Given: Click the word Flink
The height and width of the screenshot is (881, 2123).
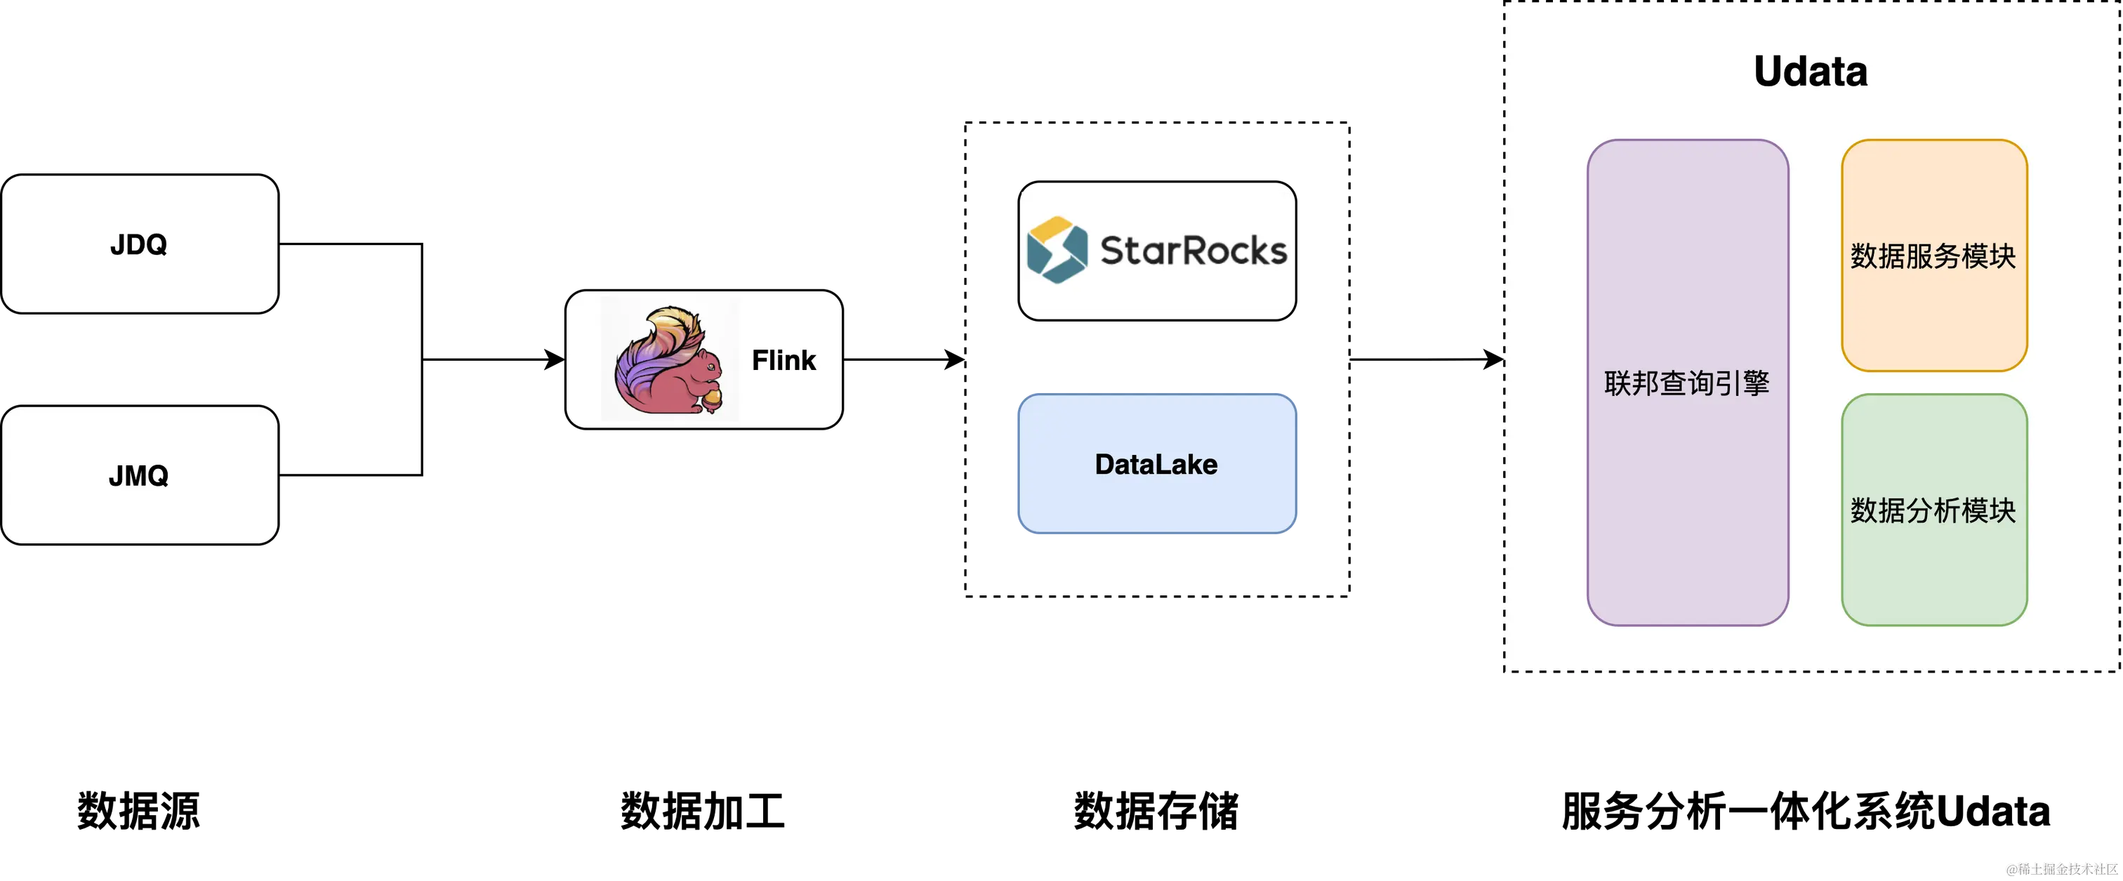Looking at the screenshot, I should [x=783, y=360].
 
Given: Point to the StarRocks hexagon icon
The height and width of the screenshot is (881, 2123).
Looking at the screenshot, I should [x=1057, y=249].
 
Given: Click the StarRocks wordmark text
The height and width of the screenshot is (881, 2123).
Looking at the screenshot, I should [x=1193, y=251].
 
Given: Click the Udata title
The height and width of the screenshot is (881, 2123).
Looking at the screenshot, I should [x=1810, y=72].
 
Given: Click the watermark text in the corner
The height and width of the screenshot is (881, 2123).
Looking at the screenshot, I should [x=2061, y=868].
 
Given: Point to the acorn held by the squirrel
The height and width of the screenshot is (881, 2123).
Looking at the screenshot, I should [x=711, y=399].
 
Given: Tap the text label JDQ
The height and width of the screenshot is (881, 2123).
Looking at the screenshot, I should [x=138, y=245].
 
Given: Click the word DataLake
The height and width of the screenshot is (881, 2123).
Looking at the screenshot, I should [x=1156, y=465].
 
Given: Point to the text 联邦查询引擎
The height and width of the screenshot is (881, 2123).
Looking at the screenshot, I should [x=1687, y=383].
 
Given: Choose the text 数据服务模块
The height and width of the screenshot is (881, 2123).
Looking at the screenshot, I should [x=1933, y=256].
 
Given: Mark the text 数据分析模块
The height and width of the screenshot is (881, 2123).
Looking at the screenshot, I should [x=1933, y=511].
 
